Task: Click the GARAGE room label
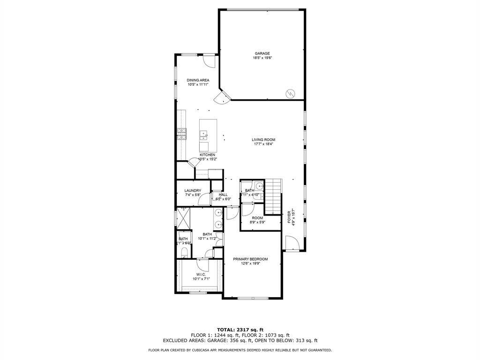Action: click(262, 53)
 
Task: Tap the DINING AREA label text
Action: click(198, 80)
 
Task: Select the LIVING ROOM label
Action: click(263, 140)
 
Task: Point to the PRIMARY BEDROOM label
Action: click(250, 259)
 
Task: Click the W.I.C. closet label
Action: click(198, 275)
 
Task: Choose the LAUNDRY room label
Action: click(193, 190)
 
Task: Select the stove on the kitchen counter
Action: click(181, 134)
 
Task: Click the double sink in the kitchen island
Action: click(204, 136)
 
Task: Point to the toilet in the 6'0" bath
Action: click(184, 254)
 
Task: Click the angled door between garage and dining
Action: click(220, 97)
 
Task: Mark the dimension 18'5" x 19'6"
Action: click(262, 58)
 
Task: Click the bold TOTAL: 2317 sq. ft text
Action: click(240, 329)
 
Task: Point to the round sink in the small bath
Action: click(260, 186)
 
